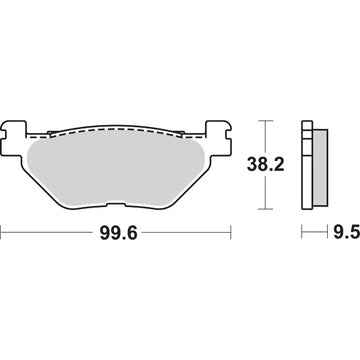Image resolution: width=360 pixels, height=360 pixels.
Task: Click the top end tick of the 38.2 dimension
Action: [x=265, y=120]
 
